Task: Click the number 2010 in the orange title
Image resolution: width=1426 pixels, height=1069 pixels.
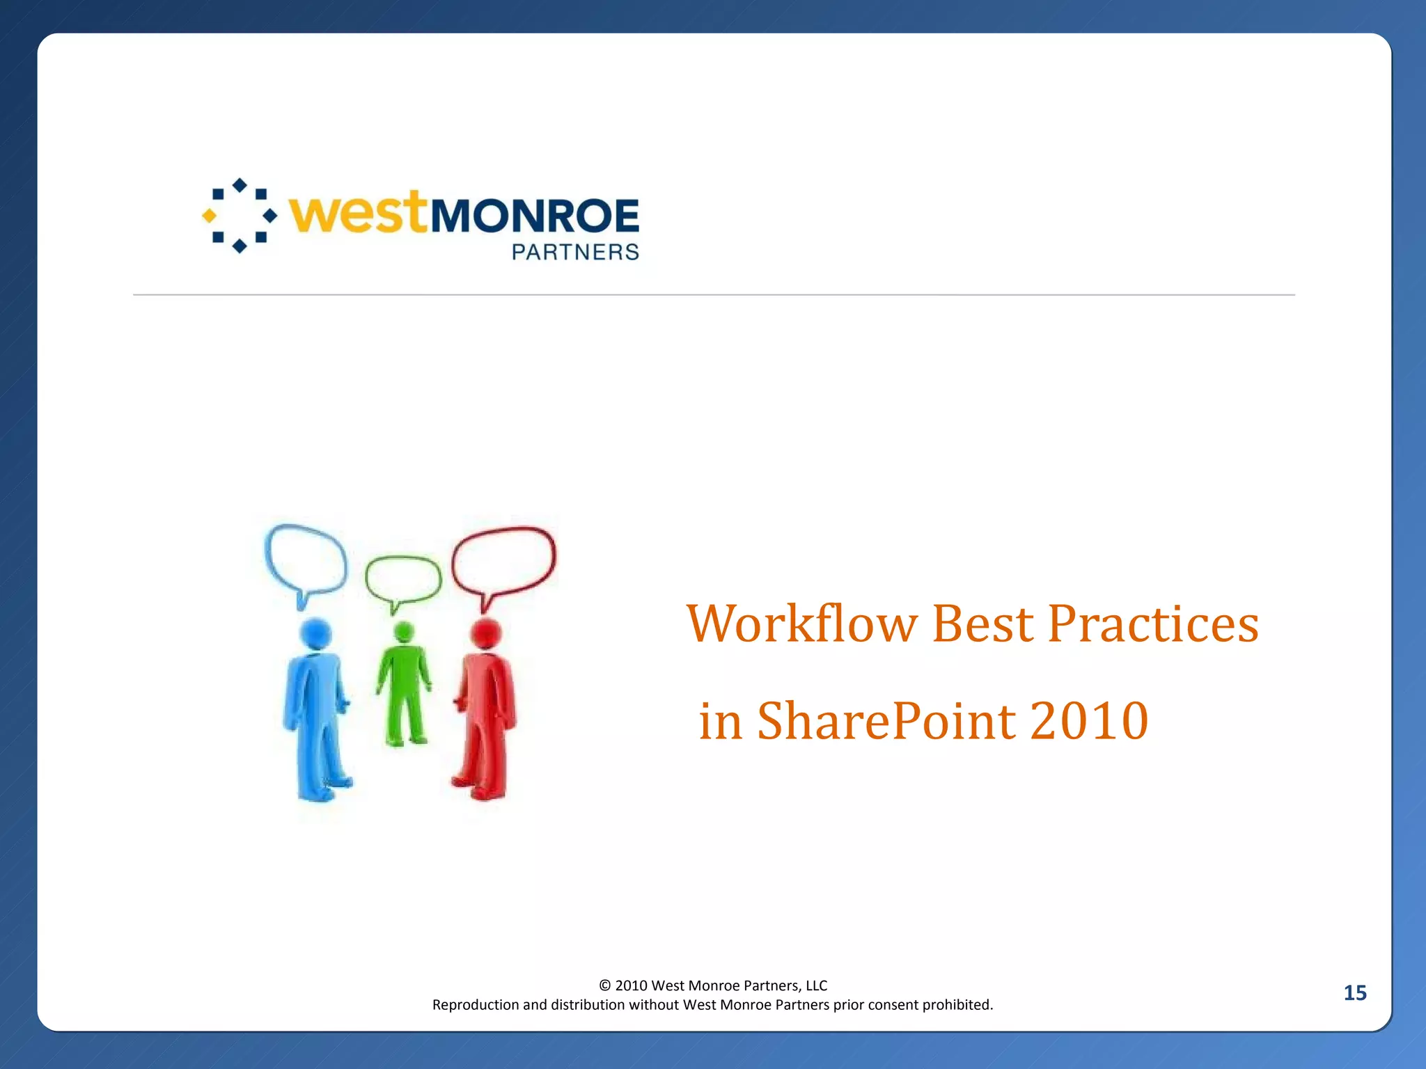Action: pos(1089,721)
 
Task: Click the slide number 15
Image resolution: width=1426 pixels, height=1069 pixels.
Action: pos(1355,992)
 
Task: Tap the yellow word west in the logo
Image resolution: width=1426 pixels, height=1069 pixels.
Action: pos(358,213)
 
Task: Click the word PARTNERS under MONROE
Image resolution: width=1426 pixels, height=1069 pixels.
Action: pos(575,252)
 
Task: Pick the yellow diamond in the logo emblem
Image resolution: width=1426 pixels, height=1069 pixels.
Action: pos(209,216)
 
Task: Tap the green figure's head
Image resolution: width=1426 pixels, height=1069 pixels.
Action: pos(404,632)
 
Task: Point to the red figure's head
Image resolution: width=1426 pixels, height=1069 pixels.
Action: pos(486,633)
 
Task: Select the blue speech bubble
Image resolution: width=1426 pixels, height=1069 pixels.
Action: pos(306,559)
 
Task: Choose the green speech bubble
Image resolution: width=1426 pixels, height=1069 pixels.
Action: pos(403,579)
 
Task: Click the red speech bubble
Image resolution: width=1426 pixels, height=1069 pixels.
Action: pos(504,560)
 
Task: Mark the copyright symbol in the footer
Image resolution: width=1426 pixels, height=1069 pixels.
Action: pos(604,985)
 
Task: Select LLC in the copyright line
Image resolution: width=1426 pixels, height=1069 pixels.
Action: pos(816,985)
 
